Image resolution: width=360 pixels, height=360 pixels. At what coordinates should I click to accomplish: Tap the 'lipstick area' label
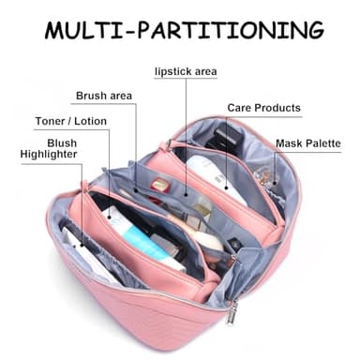[x=185, y=71]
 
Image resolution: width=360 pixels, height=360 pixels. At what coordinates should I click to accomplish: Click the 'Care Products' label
[x=263, y=108]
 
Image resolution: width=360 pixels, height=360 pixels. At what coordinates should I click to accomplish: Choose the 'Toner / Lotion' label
[x=71, y=121]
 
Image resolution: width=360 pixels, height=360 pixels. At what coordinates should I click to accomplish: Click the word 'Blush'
[x=61, y=142]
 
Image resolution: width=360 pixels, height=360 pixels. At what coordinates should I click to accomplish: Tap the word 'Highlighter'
[x=49, y=155]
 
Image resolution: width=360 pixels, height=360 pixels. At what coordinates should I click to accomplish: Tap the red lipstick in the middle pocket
[x=161, y=186]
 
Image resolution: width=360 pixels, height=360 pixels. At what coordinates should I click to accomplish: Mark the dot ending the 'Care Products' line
[x=225, y=156]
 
